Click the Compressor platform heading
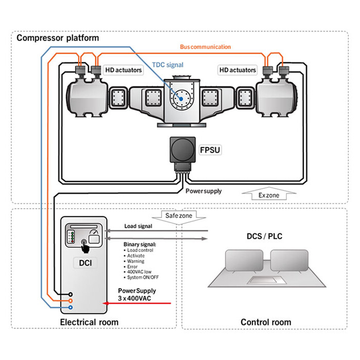[x=58, y=38]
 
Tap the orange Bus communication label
[x=205, y=47]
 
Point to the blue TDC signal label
[x=168, y=65]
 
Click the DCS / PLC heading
[x=265, y=237]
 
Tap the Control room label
[x=266, y=322]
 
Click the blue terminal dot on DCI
[x=70, y=308]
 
